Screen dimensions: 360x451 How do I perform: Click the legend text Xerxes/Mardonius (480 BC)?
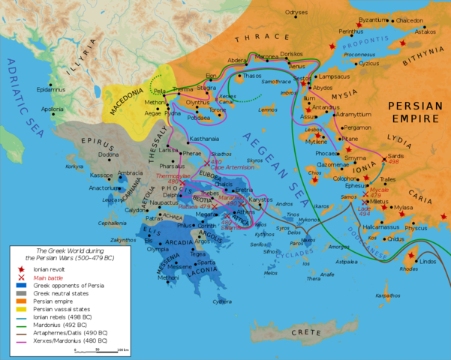click(68, 340)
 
